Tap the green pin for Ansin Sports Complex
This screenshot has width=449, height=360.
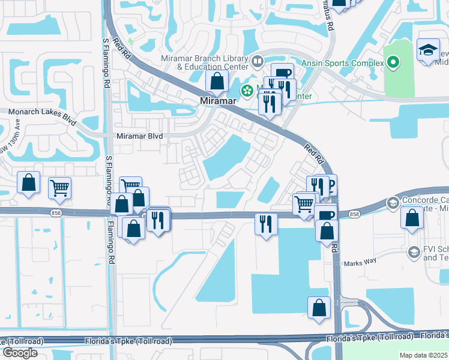click(x=393, y=62)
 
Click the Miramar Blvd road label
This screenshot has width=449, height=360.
click(x=140, y=136)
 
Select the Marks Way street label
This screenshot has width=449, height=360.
click(x=358, y=263)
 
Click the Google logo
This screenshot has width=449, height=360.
click(x=20, y=353)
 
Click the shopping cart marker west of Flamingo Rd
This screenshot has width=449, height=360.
click(x=59, y=188)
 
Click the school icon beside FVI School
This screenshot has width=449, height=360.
click(x=414, y=253)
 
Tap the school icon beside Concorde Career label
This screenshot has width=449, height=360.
click(x=393, y=202)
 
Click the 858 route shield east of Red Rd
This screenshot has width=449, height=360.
click(x=354, y=214)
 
